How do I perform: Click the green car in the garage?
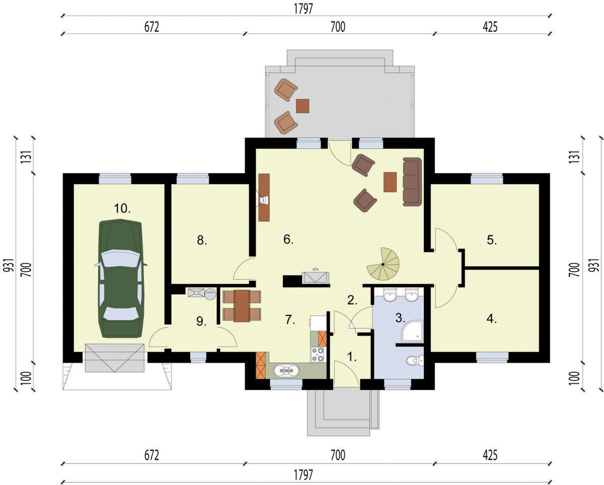tap(121, 279)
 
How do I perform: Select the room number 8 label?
tap(202, 240)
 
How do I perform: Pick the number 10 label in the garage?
tap(122, 208)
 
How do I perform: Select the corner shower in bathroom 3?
tap(412, 331)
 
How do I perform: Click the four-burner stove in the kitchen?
tap(318, 355)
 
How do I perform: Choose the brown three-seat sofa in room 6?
tap(412, 181)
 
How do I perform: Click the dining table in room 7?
tap(242, 306)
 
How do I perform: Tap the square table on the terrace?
tap(303, 106)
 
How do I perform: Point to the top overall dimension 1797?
tap(304, 9)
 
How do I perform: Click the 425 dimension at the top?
tap(490, 27)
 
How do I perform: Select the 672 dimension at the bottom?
tap(152, 455)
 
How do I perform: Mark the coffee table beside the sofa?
tap(390, 182)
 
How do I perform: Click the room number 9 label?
tap(201, 321)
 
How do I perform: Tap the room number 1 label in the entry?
tap(351, 357)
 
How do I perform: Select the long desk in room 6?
tap(264, 198)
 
